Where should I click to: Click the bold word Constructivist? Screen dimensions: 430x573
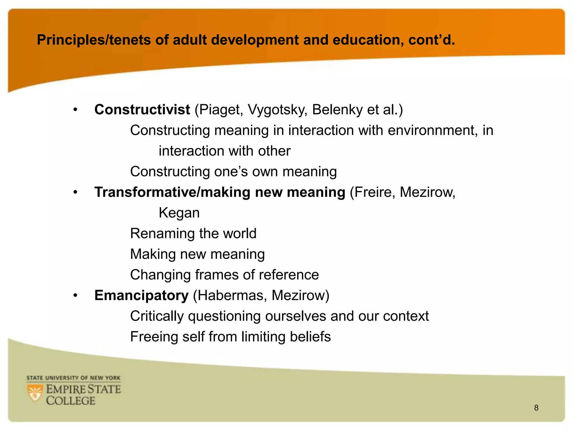[x=142, y=109]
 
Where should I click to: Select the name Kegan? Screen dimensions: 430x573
[x=179, y=213]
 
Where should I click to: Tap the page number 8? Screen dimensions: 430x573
[x=536, y=408]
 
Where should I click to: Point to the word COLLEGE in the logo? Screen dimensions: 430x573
[x=71, y=401]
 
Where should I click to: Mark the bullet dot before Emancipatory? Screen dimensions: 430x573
[x=75, y=296]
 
